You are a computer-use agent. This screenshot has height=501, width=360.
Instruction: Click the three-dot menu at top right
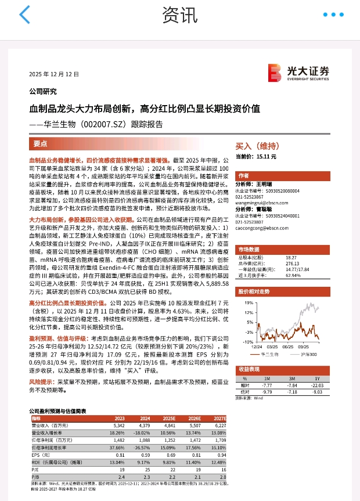(x=334, y=15)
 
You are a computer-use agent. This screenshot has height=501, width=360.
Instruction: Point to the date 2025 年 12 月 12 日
(x=54, y=75)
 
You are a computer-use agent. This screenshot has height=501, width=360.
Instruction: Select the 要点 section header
(x=41, y=143)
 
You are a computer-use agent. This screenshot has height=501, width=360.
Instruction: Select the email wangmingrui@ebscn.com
(x=260, y=203)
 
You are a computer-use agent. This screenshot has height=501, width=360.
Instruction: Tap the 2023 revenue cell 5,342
(x=118, y=426)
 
